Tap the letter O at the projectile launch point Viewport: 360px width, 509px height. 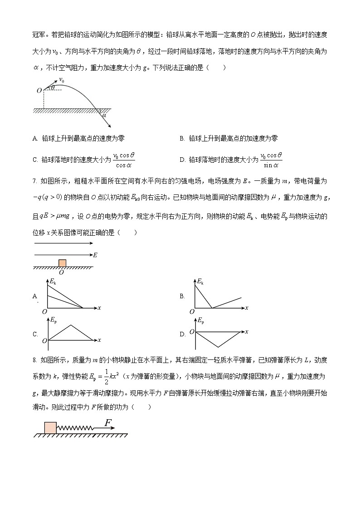39,91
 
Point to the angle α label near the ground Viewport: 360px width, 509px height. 104,116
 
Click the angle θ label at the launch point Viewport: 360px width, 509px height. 52,87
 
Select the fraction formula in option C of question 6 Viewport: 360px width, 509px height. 124,159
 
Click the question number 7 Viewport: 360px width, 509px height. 34,181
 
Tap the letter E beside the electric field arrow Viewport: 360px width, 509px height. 95,255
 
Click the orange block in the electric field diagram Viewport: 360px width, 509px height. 62,263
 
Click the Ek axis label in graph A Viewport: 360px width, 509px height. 53,282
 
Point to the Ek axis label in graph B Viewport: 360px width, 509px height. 200,282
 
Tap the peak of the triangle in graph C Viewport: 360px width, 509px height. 70,325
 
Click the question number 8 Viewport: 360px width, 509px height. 34,360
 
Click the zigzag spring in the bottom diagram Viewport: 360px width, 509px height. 74,428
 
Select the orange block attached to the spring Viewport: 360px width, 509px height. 50,427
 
